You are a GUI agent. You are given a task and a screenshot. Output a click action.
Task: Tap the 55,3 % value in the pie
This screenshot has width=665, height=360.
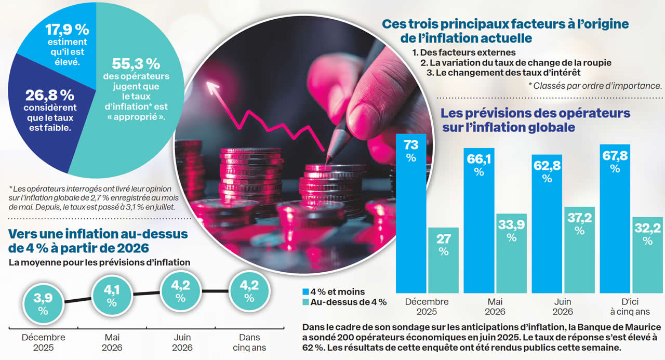[x=136, y=64]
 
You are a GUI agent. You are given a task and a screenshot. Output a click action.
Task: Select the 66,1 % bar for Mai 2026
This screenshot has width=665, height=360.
[x=479, y=223]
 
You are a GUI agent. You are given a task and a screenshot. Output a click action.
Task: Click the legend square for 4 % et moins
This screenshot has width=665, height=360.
[x=306, y=292]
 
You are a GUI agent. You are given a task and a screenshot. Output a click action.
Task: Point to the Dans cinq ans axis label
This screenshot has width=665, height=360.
[x=249, y=342]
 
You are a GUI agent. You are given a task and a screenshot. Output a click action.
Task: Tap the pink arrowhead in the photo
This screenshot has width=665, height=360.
[x=212, y=86]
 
